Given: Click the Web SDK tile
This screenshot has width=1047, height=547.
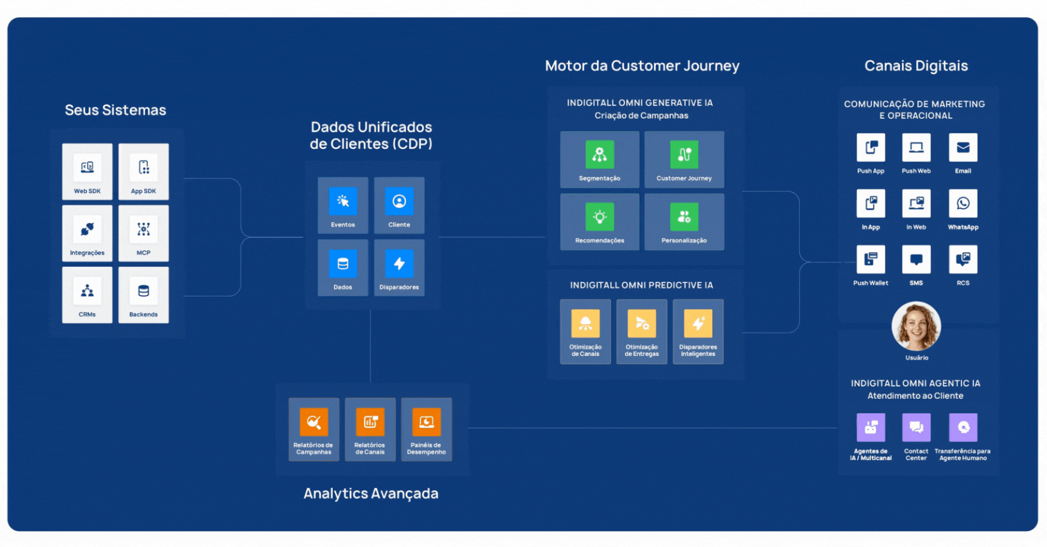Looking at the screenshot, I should [87, 171].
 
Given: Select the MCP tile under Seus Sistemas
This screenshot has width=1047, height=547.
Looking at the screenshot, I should [143, 233].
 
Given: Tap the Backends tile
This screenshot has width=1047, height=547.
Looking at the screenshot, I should [143, 294].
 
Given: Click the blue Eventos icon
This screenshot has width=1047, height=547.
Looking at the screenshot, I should [343, 201].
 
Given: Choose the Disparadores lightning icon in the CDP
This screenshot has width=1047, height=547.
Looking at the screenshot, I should [399, 264].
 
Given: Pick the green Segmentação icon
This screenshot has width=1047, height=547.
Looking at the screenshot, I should [599, 154].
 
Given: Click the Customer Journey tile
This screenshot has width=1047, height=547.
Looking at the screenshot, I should [684, 159].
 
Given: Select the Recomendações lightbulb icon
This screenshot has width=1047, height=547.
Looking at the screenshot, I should [599, 217].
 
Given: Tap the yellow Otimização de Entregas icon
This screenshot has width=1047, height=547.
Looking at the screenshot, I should [642, 324].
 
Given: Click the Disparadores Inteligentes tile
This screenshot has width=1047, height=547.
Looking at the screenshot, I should [698, 331].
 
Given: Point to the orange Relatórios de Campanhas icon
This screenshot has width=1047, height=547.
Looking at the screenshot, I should [314, 422].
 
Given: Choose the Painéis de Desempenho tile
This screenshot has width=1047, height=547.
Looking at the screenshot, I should [426, 429].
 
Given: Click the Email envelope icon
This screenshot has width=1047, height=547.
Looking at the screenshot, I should [963, 148].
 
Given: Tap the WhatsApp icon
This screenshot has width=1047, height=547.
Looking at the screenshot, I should [963, 203].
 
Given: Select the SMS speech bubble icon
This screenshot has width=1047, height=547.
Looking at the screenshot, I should [916, 260].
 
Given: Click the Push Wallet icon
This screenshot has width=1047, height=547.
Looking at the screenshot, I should [870, 260].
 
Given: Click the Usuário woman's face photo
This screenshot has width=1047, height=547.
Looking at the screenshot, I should [916, 326].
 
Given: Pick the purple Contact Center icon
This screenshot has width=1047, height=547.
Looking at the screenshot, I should [916, 427].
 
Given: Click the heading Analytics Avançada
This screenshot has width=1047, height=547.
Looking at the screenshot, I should [371, 494].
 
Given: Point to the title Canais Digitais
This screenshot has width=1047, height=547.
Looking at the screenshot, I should [916, 66].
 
